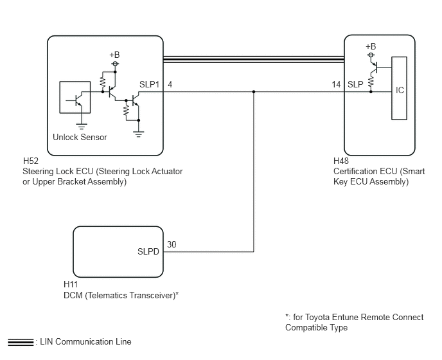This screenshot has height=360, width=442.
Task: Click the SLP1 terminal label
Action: [x=149, y=84]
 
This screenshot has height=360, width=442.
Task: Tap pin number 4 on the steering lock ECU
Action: [x=170, y=84]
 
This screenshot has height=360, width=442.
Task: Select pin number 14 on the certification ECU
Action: [x=336, y=84]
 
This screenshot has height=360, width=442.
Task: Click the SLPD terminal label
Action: [x=148, y=251]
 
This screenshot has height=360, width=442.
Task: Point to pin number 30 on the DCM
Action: [x=172, y=244]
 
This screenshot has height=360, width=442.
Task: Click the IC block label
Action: [x=400, y=90]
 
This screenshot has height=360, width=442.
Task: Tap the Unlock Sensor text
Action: [x=80, y=137]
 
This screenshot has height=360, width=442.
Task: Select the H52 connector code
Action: [x=30, y=161]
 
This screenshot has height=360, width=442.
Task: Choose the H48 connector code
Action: [x=341, y=161]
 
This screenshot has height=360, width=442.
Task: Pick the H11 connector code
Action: [x=71, y=284]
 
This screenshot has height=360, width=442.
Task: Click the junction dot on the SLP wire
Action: [x=254, y=92]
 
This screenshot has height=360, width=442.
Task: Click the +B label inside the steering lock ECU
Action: [x=114, y=55]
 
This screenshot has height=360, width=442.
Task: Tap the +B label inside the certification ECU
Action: [x=371, y=46]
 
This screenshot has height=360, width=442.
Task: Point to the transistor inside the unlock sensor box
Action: [x=76, y=101]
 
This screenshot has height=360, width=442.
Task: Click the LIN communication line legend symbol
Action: [x=21, y=342]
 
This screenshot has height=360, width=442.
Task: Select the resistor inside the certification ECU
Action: [x=371, y=82]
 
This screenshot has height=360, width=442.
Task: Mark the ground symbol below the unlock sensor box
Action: [x=82, y=127]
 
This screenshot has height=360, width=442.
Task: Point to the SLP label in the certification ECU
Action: [x=355, y=84]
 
